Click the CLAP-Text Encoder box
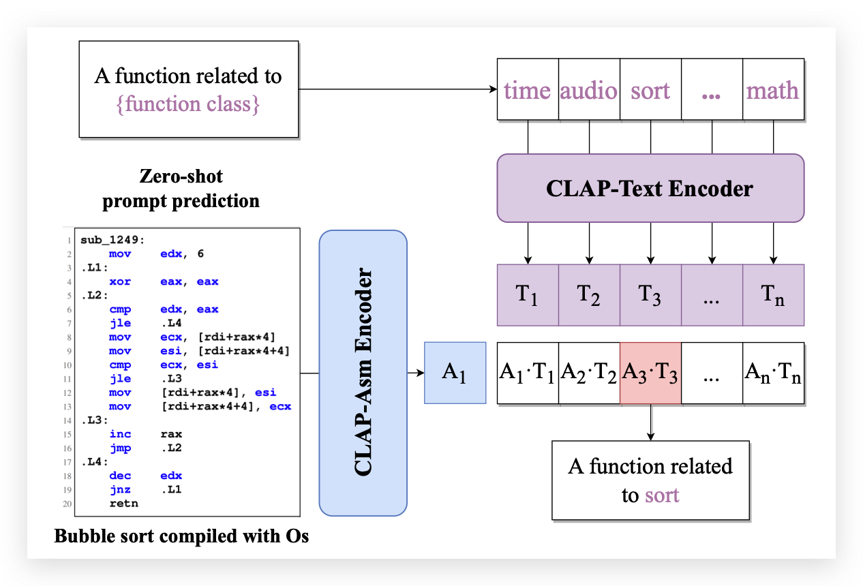click(x=650, y=188)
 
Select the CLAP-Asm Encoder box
click(x=363, y=373)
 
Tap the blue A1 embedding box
click(x=455, y=373)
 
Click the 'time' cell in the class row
click(x=527, y=91)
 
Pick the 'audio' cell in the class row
click(x=589, y=91)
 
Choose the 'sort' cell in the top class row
click(x=650, y=91)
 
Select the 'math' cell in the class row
click(x=773, y=91)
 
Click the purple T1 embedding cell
click(x=528, y=295)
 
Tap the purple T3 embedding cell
click(x=650, y=295)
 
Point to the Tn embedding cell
click(x=773, y=295)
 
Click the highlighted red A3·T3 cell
click(x=650, y=373)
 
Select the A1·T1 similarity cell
click(x=528, y=373)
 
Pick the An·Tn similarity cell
click(x=773, y=373)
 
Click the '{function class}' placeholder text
click(x=188, y=104)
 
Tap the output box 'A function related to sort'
click(x=650, y=480)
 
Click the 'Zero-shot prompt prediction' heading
click(x=181, y=189)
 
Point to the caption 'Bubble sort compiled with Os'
click(x=181, y=536)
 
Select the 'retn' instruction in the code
click(x=123, y=504)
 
